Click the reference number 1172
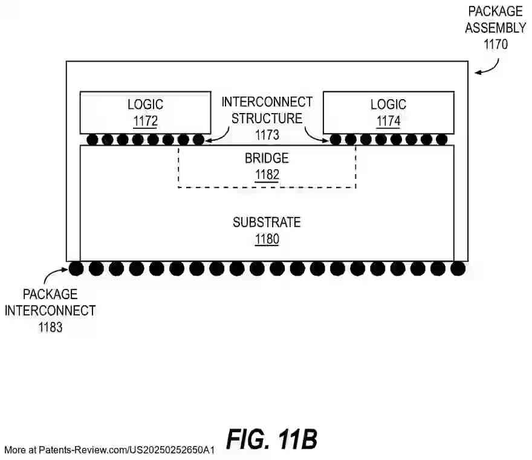tap(145, 121)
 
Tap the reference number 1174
tap(389, 121)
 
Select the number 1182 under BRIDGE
tap(267, 175)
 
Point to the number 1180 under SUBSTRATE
tap(267, 239)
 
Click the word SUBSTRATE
tap(267, 222)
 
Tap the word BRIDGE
tap(267, 159)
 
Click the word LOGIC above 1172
tap(145, 105)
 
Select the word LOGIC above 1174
tap(389, 105)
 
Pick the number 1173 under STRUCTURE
tap(267, 134)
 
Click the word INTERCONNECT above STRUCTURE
tap(267, 102)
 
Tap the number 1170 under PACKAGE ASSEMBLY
tap(496, 44)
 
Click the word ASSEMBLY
tap(496, 28)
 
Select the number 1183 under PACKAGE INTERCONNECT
tap(50, 327)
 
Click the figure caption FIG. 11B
tap(272, 439)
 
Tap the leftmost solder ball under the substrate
tap(76, 268)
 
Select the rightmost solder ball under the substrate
tap(458, 268)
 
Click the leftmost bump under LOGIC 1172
tap(92, 140)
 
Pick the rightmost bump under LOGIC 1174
tap(442, 140)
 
